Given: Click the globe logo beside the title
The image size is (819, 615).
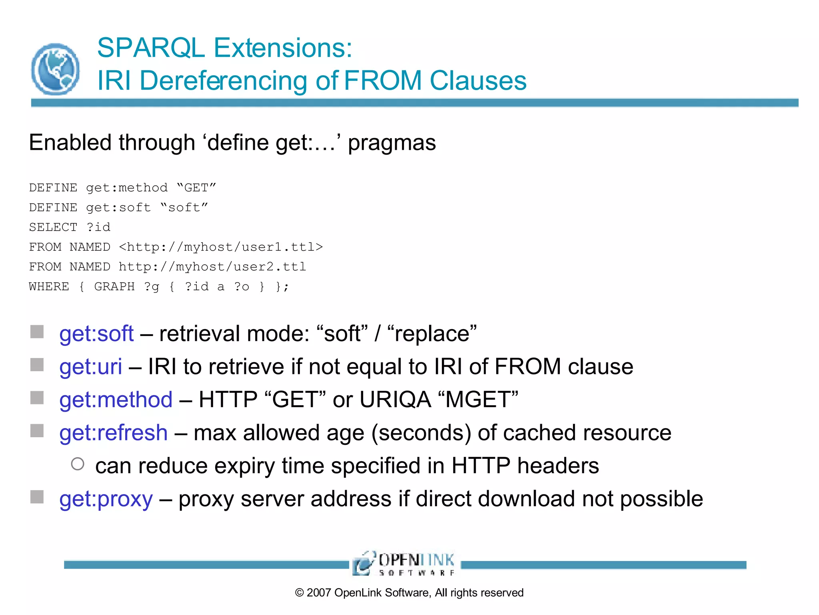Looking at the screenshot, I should (x=56, y=69).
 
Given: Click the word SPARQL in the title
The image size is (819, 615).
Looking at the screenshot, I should (x=151, y=48).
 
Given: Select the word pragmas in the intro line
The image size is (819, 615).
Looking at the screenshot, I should (x=392, y=143).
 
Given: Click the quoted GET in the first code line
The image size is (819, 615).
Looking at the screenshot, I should (x=196, y=187).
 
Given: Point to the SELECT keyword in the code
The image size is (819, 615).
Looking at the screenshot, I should (x=53, y=227).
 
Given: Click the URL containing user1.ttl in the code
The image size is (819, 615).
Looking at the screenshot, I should (x=221, y=247).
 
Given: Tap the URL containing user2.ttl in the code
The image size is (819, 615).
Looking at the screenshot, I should (x=212, y=267).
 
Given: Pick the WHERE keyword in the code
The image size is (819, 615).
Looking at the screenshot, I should (x=49, y=287).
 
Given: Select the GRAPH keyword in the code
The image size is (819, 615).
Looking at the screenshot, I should (x=114, y=287).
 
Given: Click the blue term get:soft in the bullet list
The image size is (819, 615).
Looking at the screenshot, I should (x=96, y=334).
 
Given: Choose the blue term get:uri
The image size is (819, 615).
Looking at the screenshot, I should (x=91, y=367).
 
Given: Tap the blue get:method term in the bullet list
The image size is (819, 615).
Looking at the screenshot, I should (x=116, y=400).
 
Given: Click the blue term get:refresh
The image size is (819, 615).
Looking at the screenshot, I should (x=114, y=433).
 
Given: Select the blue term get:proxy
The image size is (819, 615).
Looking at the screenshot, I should (x=106, y=499).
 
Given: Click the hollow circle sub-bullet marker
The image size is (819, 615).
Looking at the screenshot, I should (x=78, y=464).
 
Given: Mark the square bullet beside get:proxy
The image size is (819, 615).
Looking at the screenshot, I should (x=37, y=497).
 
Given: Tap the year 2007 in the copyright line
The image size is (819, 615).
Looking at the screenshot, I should (x=319, y=593).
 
